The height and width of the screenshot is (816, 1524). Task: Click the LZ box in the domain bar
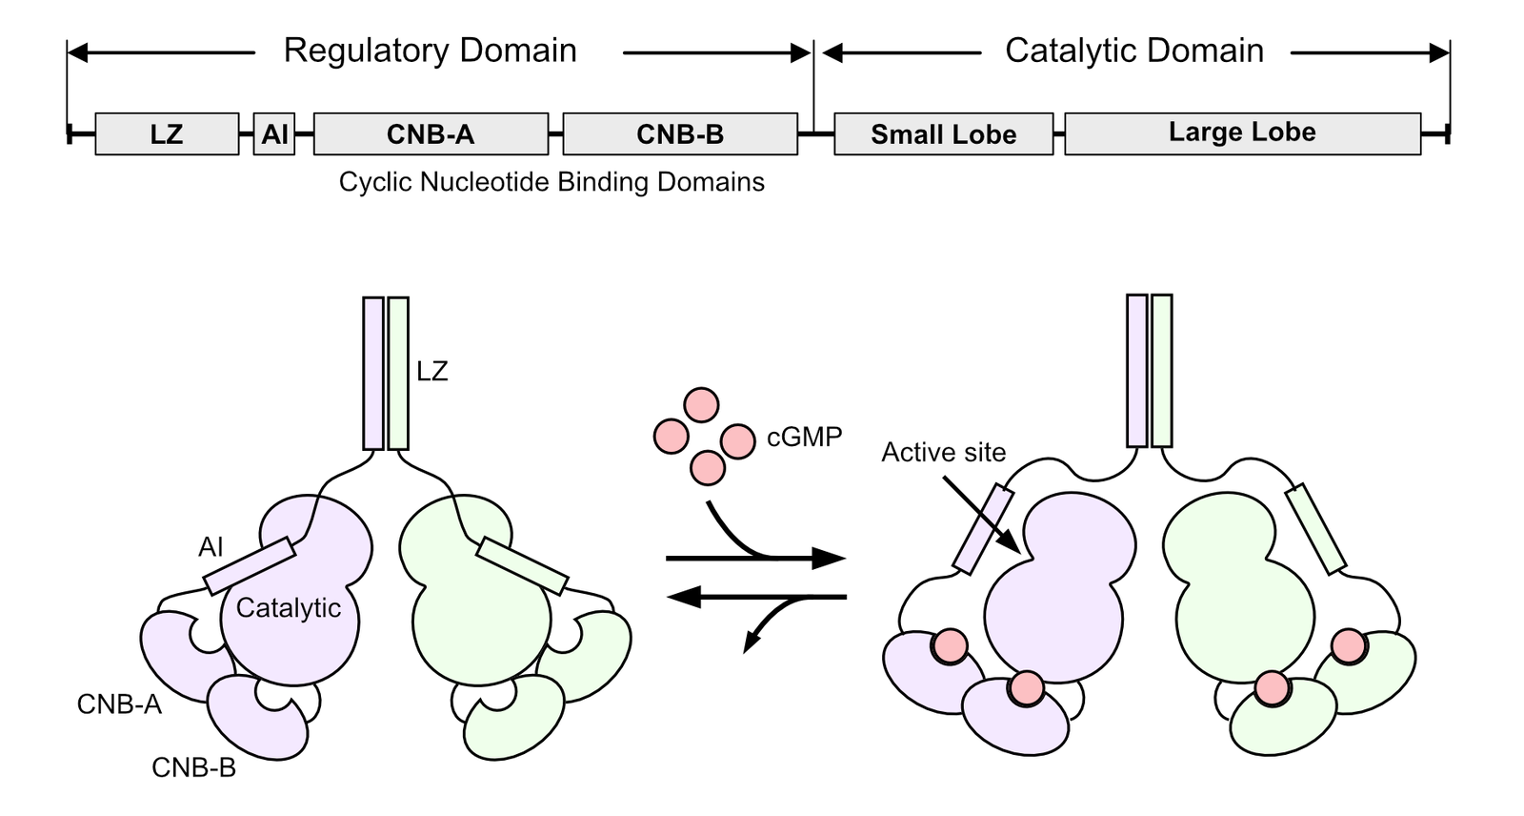[x=167, y=133]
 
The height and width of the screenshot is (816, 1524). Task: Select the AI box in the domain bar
[x=274, y=133]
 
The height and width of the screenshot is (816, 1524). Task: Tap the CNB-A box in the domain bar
[x=431, y=133]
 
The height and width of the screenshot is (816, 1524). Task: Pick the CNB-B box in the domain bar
[x=680, y=133]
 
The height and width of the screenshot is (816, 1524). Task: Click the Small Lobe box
[x=943, y=133]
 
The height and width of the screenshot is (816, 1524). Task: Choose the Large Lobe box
[x=1242, y=133]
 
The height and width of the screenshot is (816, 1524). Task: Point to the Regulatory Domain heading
[x=431, y=51]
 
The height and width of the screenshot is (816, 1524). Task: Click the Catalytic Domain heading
[x=1134, y=51]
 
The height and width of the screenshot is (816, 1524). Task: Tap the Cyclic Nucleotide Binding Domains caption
[x=551, y=182]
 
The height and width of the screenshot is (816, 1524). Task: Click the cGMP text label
[x=804, y=438]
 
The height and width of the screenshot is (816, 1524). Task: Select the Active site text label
[x=943, y=452]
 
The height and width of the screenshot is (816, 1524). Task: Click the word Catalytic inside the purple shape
[x=289, y=608]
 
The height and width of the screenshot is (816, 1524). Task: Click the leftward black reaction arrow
[x=757, y=598]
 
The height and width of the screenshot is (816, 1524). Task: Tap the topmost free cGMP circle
[x=702, y=404]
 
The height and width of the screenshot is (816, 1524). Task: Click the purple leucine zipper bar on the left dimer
[x=373, y=373]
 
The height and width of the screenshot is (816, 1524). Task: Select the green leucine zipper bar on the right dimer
[x=1162, y=371]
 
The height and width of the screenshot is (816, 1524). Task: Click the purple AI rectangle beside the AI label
[x=250, y=565]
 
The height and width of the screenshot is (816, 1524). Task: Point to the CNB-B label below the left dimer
[x=193, y=767]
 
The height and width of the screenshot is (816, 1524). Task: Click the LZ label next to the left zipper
[x=431, y=372]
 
